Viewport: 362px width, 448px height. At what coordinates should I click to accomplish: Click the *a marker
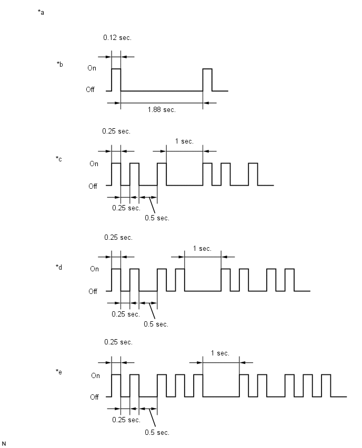(41, 12)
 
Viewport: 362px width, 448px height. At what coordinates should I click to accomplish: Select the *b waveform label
(60, 64)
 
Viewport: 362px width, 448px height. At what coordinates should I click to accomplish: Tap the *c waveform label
(59, 159)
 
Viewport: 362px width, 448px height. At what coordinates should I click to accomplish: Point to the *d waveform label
(59, 267)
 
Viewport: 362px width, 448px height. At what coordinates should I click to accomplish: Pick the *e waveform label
(59, 372)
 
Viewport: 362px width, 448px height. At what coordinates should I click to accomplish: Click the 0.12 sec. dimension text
(117, 38)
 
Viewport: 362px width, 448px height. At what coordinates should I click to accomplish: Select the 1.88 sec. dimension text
(162, 110)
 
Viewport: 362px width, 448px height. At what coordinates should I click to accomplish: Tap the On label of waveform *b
(92, 68)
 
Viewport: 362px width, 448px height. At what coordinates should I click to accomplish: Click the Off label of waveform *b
(90, 89)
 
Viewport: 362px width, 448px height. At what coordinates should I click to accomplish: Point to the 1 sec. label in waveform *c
(184, 141)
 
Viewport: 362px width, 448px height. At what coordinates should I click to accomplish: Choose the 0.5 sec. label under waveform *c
(157, 218)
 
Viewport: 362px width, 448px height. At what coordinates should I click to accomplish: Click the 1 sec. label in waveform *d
(202, 249)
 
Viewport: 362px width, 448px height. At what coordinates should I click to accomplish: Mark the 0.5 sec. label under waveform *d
(156, 324)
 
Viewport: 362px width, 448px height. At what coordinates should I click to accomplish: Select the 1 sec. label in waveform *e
(220, 353)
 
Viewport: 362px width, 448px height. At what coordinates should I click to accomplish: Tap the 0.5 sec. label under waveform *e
(157, 433)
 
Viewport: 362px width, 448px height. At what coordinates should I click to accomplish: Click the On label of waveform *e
(96, 375)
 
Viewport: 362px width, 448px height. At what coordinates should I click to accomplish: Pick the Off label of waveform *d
(93, 291)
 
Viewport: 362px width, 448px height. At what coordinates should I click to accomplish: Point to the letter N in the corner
(4, 443)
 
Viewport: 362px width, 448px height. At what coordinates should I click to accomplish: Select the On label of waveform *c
(94, 164)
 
